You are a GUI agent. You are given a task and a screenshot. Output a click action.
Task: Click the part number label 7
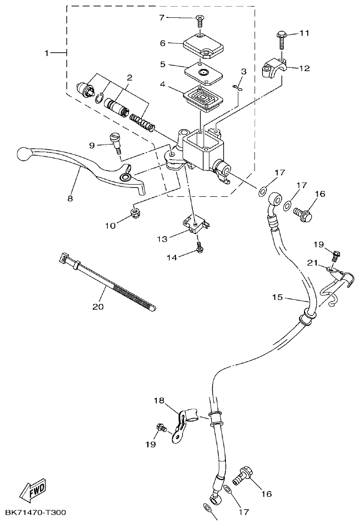(x=162, y=18)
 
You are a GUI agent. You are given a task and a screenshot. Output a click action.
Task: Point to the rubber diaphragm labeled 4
(x=204, y=97)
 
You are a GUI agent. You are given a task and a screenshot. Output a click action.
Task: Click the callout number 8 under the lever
(x=70, y=198)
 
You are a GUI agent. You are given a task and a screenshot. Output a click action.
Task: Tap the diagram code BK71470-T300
(x=36, y=512)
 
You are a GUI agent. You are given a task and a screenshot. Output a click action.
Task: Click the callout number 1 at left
(x=47, y=53)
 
